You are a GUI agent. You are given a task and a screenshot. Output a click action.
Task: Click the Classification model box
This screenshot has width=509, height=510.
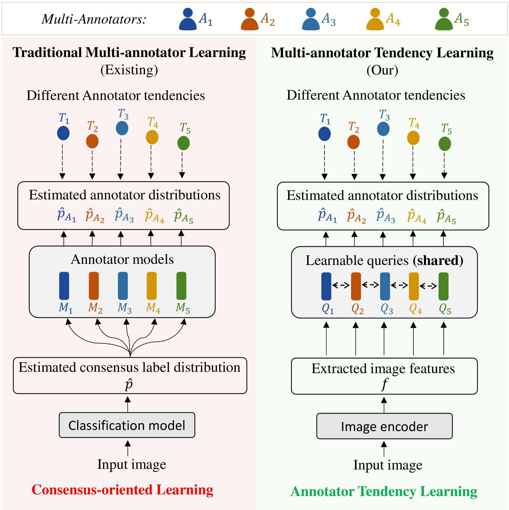(127, 425)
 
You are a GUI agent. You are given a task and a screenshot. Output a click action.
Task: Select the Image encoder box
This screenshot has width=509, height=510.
(384, 426)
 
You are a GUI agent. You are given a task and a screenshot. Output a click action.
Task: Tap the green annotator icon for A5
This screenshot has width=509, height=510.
(444, 19)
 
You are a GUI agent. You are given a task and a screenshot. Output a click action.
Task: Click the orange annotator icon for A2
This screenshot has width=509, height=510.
(250, 19)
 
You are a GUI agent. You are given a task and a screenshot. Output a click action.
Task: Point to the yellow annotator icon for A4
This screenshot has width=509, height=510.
(375, 19)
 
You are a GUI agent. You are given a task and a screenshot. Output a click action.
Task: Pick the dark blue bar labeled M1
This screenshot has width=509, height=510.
(64, 286)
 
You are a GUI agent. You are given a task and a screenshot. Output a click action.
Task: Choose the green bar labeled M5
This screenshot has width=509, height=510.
(181, 286)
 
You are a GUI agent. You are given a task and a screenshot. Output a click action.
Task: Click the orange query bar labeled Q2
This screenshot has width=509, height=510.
(356, 286)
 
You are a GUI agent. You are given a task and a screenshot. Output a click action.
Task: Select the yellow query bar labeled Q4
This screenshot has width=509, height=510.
(414, 286)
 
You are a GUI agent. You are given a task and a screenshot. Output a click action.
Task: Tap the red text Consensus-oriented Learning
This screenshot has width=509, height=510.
(122, 490)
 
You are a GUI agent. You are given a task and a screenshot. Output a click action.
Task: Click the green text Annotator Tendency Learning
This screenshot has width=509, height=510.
(384, 491)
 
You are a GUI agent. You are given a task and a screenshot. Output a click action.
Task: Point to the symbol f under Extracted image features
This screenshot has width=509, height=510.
(384, 384)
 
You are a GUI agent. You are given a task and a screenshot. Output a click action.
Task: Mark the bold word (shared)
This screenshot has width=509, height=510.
(438, 260)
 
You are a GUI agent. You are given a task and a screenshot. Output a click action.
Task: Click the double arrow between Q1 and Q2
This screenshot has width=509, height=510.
(341, 285)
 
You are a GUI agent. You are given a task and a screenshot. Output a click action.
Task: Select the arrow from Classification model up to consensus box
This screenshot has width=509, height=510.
(128, 404)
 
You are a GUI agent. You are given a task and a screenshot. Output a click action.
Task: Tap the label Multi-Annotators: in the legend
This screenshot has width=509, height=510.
(94, 19)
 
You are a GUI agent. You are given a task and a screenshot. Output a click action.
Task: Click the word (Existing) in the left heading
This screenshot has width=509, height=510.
(129, 70)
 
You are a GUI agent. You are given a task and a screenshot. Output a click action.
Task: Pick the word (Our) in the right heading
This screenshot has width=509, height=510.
(382, 70)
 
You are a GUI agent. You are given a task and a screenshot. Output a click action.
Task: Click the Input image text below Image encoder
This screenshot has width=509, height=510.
(388, 465)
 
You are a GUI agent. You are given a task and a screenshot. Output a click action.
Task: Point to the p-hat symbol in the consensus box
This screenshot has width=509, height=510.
(129, 384)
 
